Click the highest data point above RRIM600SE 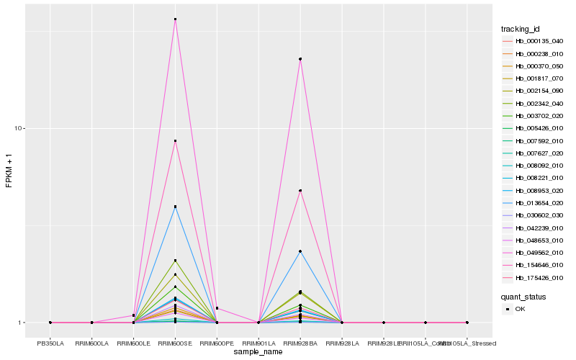176,19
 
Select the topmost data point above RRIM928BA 300,59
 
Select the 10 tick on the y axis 20,128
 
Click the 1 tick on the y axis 22,323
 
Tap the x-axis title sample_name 258,352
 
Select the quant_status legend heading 524,296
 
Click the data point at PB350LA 50,323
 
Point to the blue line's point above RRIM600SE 176,207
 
